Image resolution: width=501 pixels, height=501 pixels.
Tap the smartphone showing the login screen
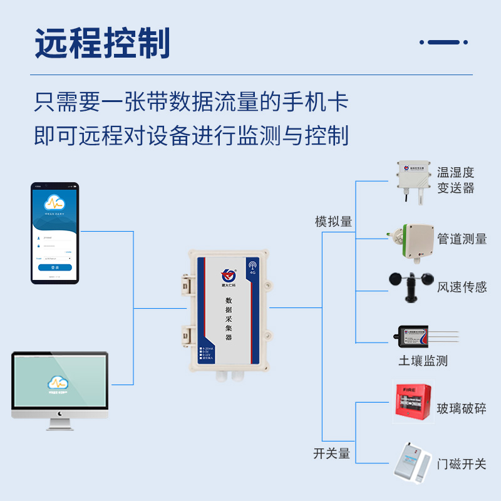click(55, 233)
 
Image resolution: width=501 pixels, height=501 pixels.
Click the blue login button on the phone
click(55, 267)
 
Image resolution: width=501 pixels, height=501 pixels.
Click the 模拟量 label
click(333, 222)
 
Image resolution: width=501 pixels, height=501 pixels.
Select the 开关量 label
click(331, 453)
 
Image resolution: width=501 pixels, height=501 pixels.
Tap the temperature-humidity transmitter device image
click(413, 180)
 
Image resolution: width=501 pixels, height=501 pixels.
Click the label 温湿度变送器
click(456, 180)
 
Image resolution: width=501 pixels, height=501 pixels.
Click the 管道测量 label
click(462, 239)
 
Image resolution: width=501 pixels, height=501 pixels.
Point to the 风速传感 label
click(462, 287)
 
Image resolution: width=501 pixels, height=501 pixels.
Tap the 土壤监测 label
click(423, 361)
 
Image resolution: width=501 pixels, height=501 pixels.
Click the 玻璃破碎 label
click(462, 409)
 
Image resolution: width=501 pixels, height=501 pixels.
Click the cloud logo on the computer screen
click(58, 381)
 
